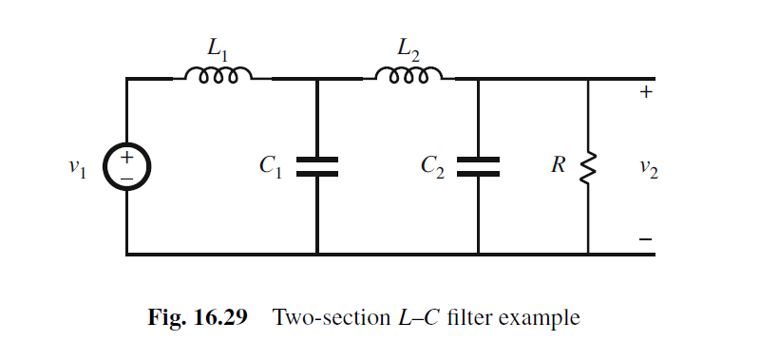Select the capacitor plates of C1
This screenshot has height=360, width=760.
(x=316, y=167)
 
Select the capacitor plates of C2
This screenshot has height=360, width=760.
(x=478, y=167)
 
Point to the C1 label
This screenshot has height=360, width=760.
(x=270, y=167)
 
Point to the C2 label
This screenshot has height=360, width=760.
(x=431, y=167)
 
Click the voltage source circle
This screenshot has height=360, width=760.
(x=126, y=167)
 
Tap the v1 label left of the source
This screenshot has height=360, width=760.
(x=79, y=168)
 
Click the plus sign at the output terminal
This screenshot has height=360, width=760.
(x=645, y=93)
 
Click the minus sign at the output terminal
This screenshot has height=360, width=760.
(x=645, y=242)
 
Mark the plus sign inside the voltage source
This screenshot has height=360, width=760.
(x=125, y=158)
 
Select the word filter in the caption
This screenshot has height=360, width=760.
(x=465, y=317)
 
